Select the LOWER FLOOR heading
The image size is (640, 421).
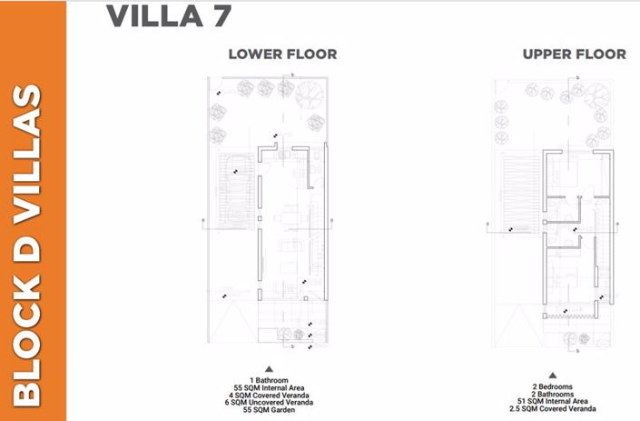click(x=282, y=55)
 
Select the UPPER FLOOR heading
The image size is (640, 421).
click(x=574, y=55)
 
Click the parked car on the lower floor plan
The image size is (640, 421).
click(x=234, y=196)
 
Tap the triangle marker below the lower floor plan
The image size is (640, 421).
click(x=269, y=368)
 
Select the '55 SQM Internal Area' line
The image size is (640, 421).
click(x=269, y=388)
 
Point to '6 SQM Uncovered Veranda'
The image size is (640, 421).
click(x=269, y=403)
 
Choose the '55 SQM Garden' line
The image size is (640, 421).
click(x=269, y=411)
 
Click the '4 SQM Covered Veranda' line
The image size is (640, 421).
click(x=269, y=396)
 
